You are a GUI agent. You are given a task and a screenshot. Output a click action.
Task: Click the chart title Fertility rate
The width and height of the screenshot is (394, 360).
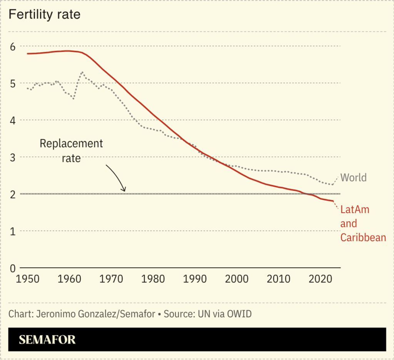(x=44, y=15)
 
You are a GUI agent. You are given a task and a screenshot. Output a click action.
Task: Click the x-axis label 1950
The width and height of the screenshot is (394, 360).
(x=28, y=279)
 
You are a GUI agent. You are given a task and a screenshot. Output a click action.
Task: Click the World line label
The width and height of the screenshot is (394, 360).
(x=354, y=178)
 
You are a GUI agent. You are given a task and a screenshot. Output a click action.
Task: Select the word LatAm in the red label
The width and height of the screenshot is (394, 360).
(x=355, y=210)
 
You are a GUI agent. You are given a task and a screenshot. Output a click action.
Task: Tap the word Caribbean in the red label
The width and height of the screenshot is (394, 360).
(x=363, y=237)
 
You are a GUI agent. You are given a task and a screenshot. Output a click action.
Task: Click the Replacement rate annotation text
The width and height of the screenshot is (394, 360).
(x=72, y=150)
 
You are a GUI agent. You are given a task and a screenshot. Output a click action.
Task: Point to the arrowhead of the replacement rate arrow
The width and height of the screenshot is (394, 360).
(x=124, y=190)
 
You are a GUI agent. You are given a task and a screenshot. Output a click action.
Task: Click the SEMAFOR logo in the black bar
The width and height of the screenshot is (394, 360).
(x=47, y=340)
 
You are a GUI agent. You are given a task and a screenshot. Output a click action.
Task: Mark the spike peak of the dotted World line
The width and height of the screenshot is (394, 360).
(x=82, y=72)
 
